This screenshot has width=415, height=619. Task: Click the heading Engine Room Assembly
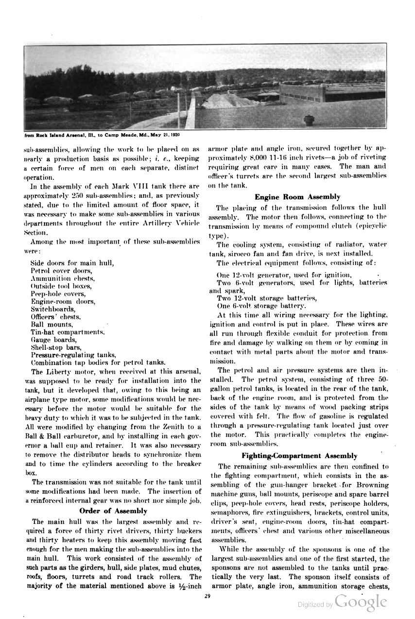(x=297, y=197)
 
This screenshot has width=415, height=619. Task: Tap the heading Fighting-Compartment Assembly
(x=299, y=456)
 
